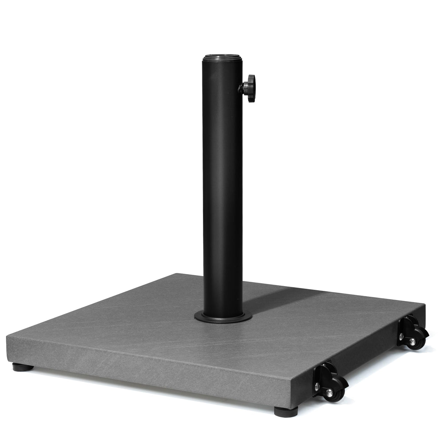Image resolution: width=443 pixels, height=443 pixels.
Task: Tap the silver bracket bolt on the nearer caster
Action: click(x=316, y=386)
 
